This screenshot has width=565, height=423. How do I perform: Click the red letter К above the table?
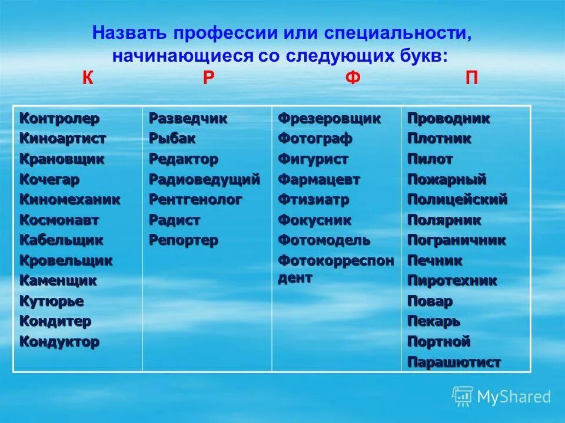(88, 79)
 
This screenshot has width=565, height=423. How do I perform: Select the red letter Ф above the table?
(352, 79)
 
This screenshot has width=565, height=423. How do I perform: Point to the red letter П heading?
(471, 79)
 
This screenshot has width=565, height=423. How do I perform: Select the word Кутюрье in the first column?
(52, 301)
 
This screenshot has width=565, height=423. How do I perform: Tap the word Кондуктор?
(59, 342)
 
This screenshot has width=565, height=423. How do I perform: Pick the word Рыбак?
(172, 139)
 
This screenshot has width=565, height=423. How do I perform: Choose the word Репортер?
(183, 240)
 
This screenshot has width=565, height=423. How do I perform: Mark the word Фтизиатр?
(313, 200)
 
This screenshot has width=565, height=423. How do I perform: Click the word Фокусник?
(314, 220)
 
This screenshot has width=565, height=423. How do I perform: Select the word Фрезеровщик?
(329, 119)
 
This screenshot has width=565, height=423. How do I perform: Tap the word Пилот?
(430, 159)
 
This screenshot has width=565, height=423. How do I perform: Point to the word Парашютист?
(454, 362)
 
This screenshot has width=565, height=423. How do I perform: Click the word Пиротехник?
(452, 281)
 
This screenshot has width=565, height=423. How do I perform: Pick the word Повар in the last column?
(430, 301)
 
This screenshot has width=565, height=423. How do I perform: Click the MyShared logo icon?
(463, 397)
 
